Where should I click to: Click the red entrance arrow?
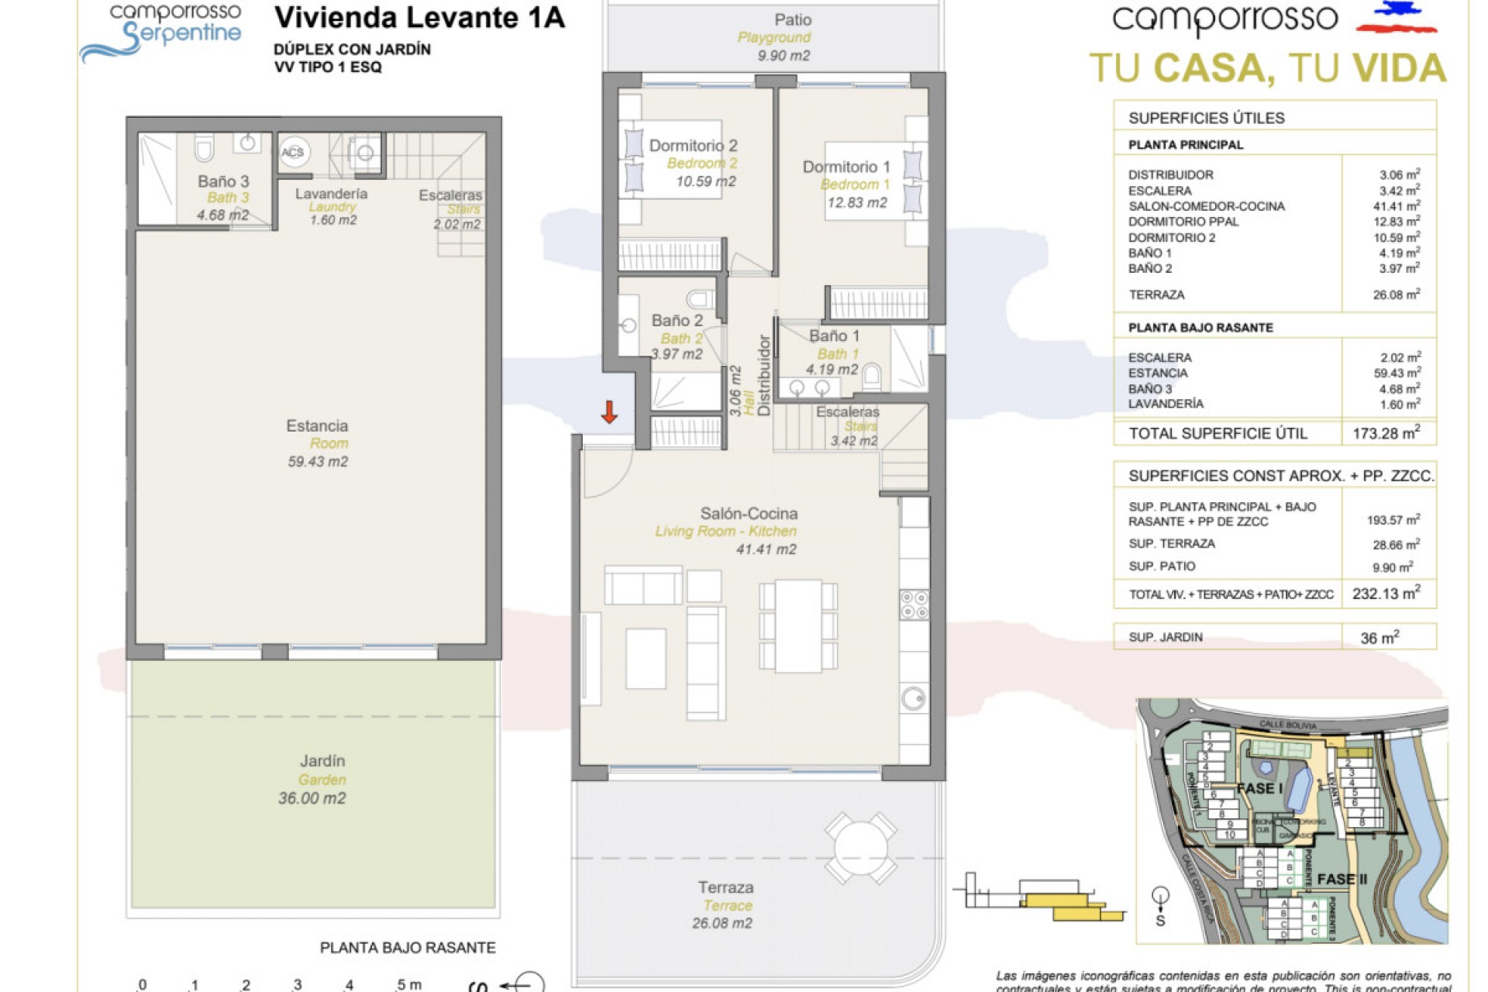point(609,412)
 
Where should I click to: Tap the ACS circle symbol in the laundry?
point(293,153)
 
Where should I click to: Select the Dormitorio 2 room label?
point(693,146)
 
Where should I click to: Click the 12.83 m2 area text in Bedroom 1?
point(856,202)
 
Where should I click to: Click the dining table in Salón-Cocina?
point(798,626)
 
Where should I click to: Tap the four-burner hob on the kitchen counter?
point(914,604)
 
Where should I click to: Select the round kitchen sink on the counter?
point(913,698)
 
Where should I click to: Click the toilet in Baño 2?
point(700,299)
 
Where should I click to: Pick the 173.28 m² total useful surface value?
point(1386,433)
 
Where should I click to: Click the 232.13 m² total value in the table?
point(1386,594)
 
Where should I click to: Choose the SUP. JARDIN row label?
point(1166,637)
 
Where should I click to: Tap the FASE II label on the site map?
point(1342,880)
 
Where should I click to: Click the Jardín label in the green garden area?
point(322,761)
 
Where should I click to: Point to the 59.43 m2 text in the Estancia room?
point(318,461)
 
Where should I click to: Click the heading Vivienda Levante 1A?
point(419,18)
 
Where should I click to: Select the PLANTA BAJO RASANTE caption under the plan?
point(408,948)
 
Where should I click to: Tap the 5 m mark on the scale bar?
point(408,985)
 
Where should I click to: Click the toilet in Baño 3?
point(204,148)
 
